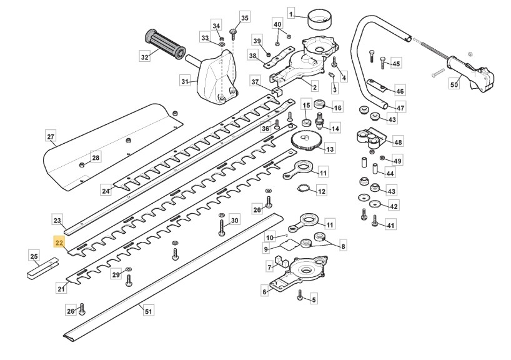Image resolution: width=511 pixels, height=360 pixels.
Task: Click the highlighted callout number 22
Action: [59, 242]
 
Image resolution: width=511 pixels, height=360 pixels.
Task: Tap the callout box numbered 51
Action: [148, 311]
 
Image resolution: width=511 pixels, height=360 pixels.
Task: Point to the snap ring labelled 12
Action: [304, 190]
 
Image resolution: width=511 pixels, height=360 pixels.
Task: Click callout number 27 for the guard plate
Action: [51, 136]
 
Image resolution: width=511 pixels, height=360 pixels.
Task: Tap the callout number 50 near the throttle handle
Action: [454, 84]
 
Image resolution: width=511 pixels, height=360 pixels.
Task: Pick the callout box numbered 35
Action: [244, 18]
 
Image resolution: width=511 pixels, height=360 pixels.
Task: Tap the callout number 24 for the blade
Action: [106, 190]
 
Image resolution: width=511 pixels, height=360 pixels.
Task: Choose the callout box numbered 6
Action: [264, 291]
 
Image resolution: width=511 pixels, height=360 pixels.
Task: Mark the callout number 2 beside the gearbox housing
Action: [314, 87]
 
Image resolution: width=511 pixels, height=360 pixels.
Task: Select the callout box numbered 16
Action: [337, 107]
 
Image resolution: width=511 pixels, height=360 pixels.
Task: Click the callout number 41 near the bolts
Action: [390, 225]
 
